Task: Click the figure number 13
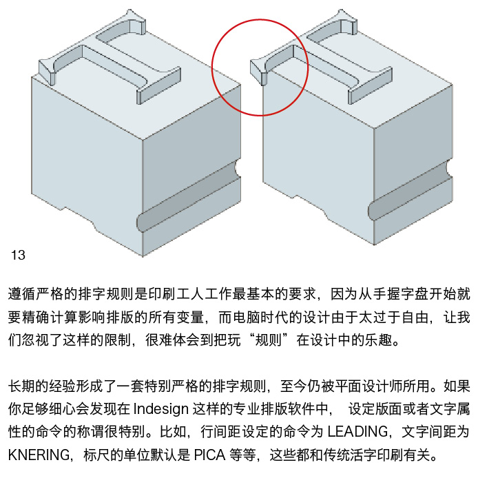pos(18,256)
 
